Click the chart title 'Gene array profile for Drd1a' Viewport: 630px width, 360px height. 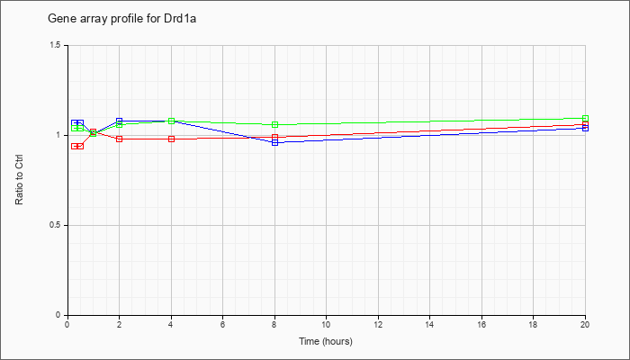[121, 19]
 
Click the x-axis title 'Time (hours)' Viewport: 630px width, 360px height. [326, 341]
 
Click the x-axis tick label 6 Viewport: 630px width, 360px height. [222, 324]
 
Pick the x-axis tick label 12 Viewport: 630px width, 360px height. [378, 324]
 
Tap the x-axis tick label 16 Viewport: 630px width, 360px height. [481, 324]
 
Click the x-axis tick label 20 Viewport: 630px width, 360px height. [585, 324]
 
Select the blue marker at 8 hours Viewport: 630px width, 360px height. [274, 142]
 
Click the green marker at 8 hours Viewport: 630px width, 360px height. [274, 124]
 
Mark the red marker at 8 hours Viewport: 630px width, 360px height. [274, 137]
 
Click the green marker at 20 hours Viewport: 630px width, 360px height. [585, 119]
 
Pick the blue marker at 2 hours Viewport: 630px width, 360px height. [120, 121]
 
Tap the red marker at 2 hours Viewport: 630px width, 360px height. [120, 139]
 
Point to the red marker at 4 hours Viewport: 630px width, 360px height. [172, 139]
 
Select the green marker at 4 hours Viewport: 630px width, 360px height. [172, 121]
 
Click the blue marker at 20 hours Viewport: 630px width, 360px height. [585, 128]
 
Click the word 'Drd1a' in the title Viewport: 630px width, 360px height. [182, 19]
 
